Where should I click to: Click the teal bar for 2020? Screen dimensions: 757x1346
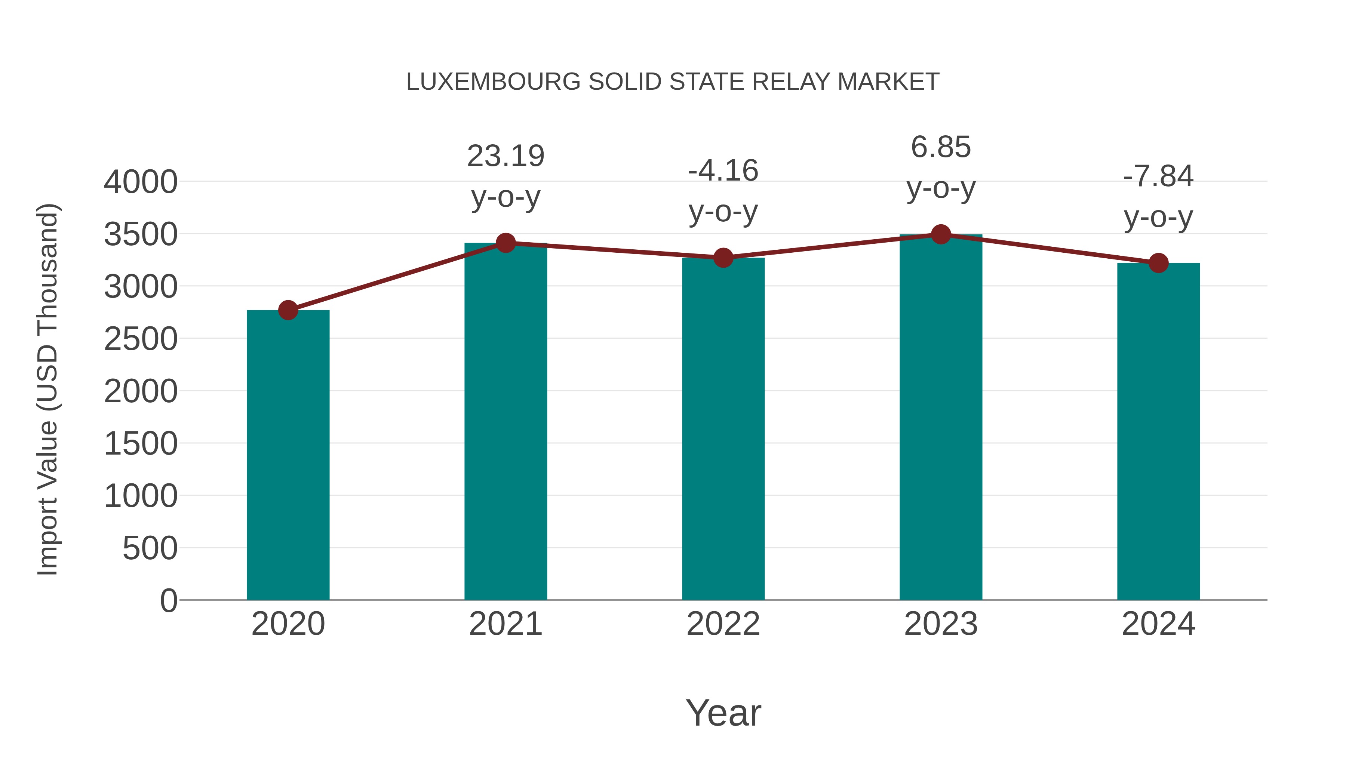[288, 455]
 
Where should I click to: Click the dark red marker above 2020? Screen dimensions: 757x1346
[288, 310]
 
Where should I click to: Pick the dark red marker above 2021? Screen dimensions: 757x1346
[505, 243]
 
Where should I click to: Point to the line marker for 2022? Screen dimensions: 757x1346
[723, 258]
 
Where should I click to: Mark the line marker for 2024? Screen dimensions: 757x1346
[1158, 263]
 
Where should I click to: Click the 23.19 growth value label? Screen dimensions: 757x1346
[505, 156]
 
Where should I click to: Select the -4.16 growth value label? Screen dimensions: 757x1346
[723, 171]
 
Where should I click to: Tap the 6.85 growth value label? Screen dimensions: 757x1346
[941, 147]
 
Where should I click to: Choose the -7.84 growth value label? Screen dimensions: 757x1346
[1158, 176]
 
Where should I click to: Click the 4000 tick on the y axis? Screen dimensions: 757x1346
[141, 182]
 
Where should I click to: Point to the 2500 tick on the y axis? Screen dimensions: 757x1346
[141, 339]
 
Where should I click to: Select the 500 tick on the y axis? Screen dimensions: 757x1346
[150, 548]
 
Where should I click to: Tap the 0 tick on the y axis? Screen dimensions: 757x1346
[169, 600]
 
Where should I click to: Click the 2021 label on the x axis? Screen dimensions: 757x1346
[505, 624]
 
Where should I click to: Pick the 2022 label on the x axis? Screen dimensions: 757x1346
[723, 624]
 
